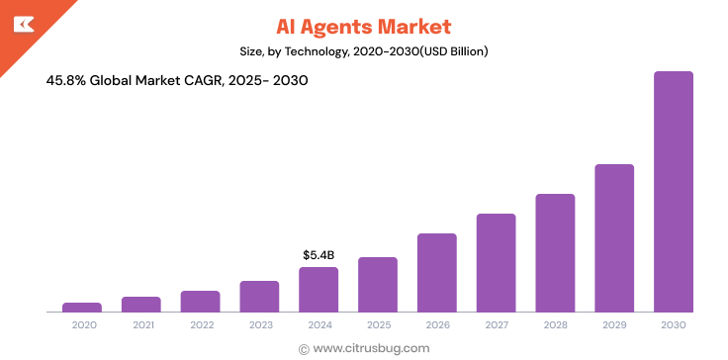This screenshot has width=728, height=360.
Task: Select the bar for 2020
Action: point(82,307)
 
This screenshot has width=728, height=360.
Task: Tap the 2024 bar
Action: point(318,289)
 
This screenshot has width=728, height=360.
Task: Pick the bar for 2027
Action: point(496,262)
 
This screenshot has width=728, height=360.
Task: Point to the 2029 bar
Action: point(614,237)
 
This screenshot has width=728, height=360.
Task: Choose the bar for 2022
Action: point(201,301)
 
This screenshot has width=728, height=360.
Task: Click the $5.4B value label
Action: point(318,255)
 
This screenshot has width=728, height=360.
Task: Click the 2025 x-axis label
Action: point(378,324)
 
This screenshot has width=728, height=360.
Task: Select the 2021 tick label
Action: point(141,324)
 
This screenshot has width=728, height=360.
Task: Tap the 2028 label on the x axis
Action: point(555,324)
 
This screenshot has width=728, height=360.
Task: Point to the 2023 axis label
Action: point(260,324)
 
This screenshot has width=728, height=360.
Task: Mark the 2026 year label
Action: point(436,324)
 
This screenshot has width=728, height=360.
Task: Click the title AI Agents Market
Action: point(363,25)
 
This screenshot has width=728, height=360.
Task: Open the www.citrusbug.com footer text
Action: point(371,348)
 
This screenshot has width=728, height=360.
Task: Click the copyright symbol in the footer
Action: point(304,348)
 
